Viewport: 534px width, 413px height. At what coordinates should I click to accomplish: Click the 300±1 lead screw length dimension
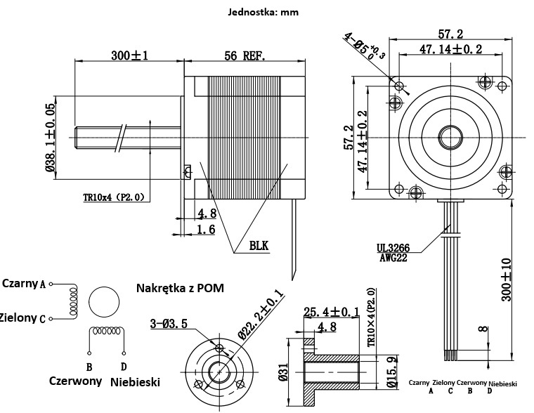coord(129,55)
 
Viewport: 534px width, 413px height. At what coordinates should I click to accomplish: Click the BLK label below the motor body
coord(259,245)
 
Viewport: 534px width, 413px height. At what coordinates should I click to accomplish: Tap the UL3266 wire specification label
coord(393,248)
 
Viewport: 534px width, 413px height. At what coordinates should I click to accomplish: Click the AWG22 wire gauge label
coord(394,258)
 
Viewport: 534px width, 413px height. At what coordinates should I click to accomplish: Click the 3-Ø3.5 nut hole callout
coord(168,324)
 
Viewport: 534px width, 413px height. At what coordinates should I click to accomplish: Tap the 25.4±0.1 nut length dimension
coord(331,312)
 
